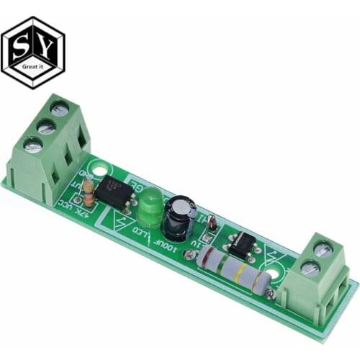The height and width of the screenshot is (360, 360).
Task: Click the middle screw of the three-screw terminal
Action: [45, 127]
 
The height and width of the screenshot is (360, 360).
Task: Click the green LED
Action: [149, 207]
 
